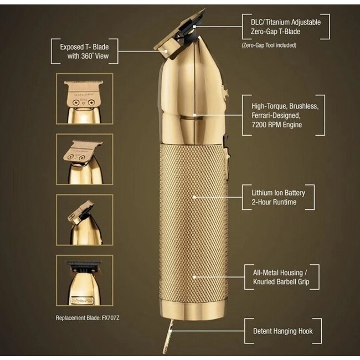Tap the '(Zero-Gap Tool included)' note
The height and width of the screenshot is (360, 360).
point(270,45)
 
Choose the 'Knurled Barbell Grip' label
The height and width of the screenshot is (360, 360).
point(281,282)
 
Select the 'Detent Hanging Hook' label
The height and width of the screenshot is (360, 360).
point(282,331)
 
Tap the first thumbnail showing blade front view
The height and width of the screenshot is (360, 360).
point(84,99)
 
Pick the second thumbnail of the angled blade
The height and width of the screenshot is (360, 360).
point(84,159)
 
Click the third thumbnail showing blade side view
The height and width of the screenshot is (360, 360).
point(84,219)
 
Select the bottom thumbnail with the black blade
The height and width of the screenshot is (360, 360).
point(84,280)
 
